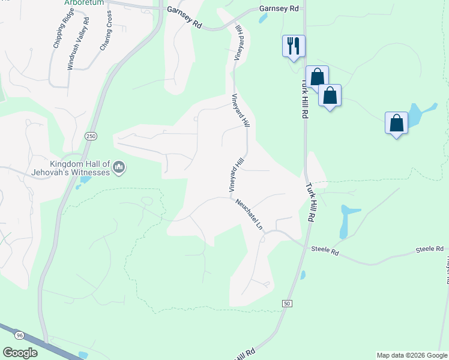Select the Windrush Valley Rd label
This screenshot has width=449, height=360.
point(79,44)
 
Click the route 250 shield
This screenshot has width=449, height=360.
point(91,137)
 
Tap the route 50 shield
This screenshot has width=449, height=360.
point(287,304)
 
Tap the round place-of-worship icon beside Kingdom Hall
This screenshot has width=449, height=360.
point(119,166)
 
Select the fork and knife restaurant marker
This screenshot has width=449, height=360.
point(294,46)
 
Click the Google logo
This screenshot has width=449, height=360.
point(20,353)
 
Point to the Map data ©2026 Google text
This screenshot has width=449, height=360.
point(412,355)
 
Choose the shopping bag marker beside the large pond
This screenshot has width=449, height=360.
point(396,123)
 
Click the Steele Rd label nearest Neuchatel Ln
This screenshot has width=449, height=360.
point(325,251)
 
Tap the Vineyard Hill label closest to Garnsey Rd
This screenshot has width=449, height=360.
point(239,43)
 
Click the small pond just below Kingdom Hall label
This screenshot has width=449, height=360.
point(85,179)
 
